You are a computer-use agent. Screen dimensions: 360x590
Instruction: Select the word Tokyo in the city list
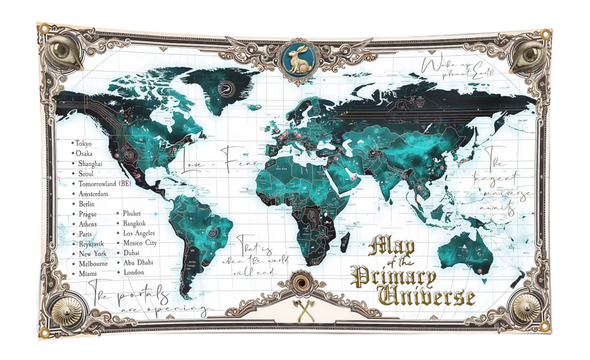tap(85, 142)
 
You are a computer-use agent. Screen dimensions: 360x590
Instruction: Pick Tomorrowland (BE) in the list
tap(104, 183)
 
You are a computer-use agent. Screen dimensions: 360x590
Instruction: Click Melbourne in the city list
tap(94, 263)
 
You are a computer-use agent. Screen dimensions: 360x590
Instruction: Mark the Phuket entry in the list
tap(136, 212)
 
